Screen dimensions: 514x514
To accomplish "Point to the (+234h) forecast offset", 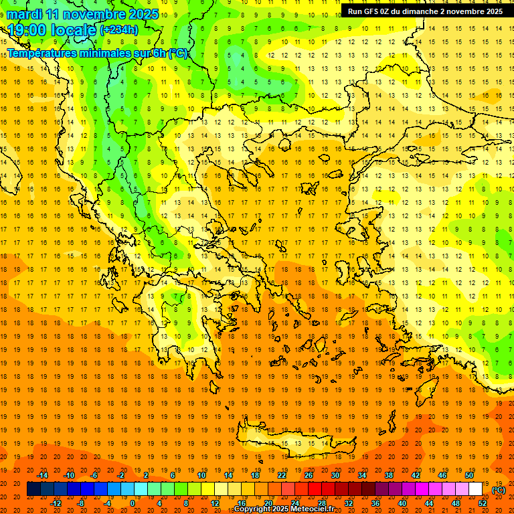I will pos(118,30).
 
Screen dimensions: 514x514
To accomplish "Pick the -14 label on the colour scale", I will pos(42,475).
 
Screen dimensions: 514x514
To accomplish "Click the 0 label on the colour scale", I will pos(132,503).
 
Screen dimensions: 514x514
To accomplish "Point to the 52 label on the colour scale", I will pos(483,503).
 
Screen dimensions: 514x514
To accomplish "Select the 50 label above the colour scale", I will pos(468,475).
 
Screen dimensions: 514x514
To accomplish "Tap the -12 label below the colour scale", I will pos(56,503).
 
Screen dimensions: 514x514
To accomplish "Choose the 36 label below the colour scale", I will pos(375,503).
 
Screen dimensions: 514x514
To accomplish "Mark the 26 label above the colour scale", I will pos(309,475).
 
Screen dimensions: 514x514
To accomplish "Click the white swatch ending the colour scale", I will pos(475,489).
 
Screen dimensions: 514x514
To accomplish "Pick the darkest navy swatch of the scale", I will pos(33,489).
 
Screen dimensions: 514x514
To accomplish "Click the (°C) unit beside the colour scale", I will pos(499,490).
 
